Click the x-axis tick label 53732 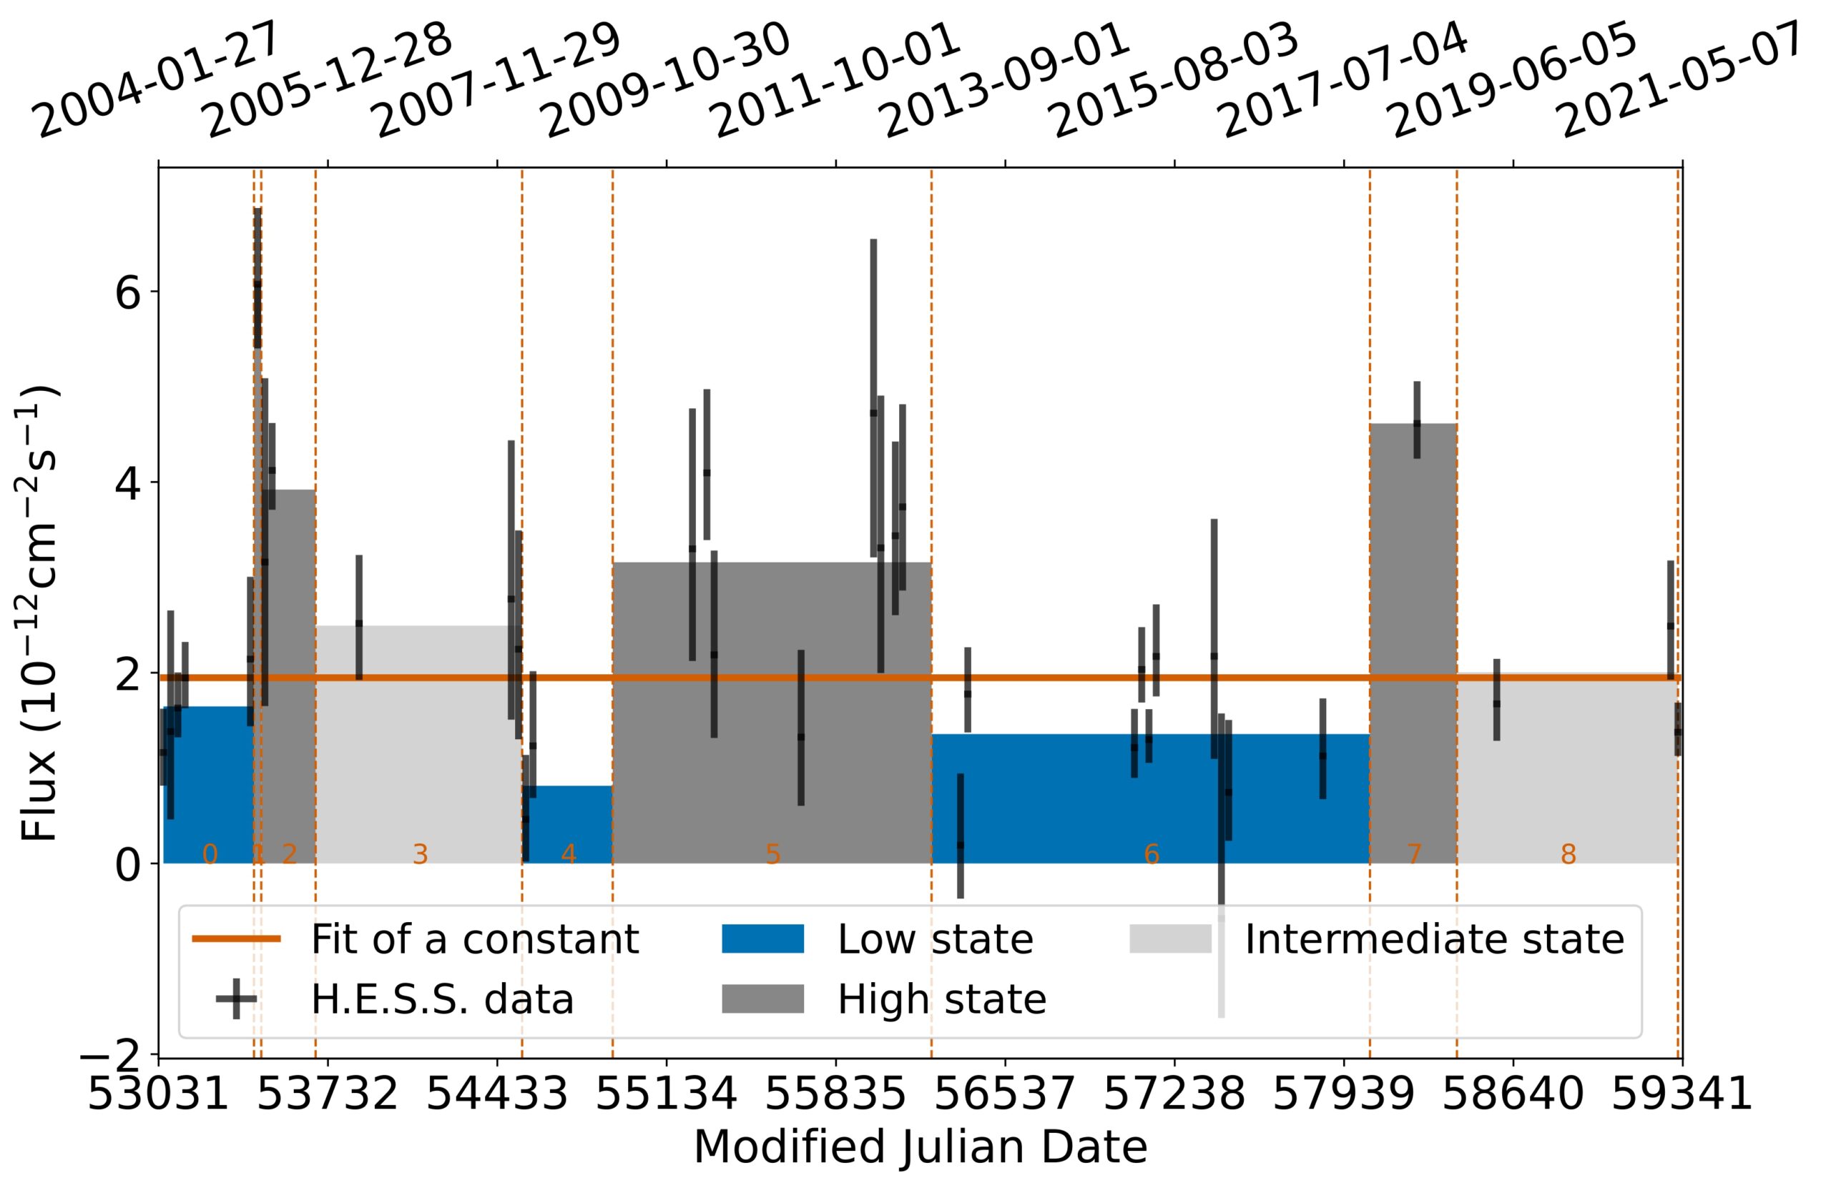(x=328, y=1095)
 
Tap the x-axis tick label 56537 (x=1005, y=1095)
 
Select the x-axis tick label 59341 (x=1682, y=1095)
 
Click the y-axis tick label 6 (x=127, y=293)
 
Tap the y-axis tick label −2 (x=115, y=1054)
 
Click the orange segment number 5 (x=772, y=854)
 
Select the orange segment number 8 (x=1568, y=854)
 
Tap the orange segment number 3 (x=419, y=854)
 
